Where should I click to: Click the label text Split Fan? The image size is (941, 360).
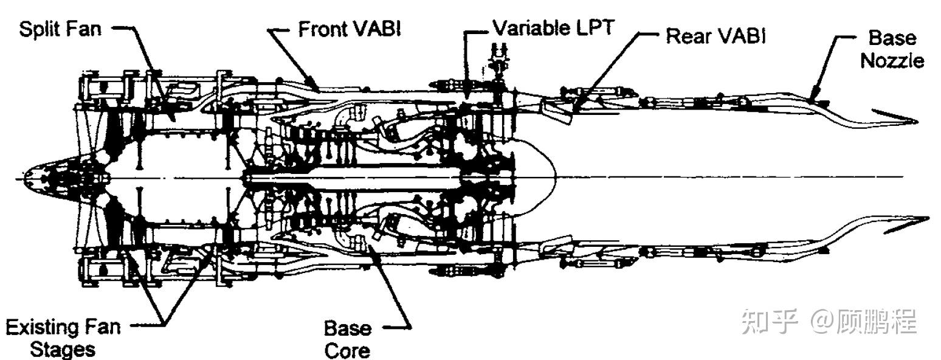pos(60,29)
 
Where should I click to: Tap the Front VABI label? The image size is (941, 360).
pos(350,29)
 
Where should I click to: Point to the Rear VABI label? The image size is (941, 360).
pos(716,36)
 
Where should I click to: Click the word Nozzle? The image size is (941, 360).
pos(892,60)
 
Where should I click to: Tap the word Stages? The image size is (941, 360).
pos(63,349)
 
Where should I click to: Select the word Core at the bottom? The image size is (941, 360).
pos(347,350)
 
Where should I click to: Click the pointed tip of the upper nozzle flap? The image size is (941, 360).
pos(917,122)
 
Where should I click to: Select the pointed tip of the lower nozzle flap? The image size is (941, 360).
pos(928,218)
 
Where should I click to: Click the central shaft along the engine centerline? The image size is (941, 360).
pos(353,178)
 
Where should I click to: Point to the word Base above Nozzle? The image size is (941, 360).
pos(892,38)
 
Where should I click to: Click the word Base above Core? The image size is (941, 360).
pos(348,328)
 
